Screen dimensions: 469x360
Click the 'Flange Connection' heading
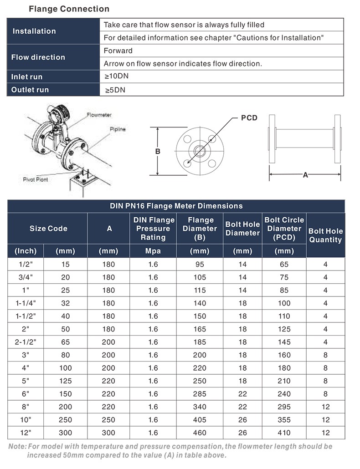tap(69, 9)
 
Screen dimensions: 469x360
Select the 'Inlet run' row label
tap(26, 77)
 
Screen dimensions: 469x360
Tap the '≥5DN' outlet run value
tap(115, 90)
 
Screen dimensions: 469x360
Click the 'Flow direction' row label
tap(38, 57)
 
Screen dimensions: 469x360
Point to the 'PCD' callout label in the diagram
tap(249, 118)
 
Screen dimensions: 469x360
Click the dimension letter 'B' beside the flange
tap(158, 151)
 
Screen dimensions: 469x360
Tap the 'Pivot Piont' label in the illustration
tap(36, 179)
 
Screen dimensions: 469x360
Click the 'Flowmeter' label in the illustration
tap(99, 115)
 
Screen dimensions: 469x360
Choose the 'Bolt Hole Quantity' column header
tap(325, 235)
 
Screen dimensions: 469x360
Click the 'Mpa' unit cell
tap(153, 251)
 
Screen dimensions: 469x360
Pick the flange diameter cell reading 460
tap(200, 433)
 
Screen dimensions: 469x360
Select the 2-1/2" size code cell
tap(26, 342)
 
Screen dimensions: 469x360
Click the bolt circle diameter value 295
tap(284, 407)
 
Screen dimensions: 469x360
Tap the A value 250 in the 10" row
tap(109, 420)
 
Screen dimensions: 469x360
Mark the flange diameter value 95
tap(200, 264)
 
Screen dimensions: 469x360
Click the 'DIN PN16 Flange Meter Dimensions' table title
tap(176, 206)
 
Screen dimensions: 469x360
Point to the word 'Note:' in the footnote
tap(17, 447)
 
